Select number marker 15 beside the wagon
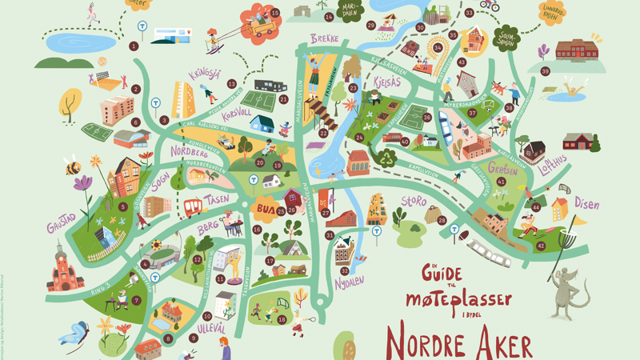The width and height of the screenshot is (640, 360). pos(275,13)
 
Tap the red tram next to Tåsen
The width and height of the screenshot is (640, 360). pos(194,208)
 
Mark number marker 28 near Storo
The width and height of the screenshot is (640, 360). pos(442,219)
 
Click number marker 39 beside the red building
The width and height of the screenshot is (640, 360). pos(545,71)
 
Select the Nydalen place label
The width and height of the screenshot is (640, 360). pos(349,281)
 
